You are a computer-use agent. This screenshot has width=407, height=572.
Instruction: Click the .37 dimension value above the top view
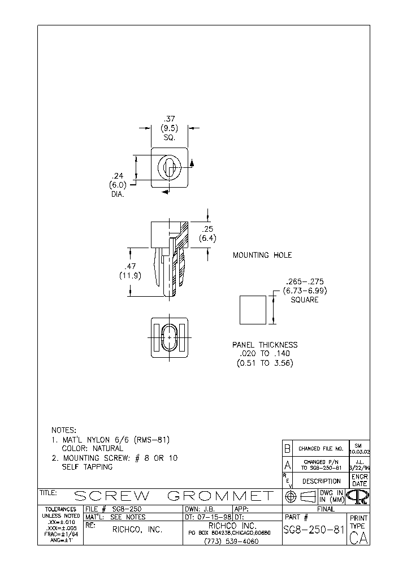[x=169, y=119]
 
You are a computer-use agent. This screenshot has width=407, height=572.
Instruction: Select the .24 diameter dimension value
[x=116, y=176]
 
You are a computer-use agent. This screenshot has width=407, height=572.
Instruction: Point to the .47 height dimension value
[x=129, y=266]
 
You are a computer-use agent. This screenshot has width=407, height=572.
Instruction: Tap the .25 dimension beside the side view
[x=207, y=229]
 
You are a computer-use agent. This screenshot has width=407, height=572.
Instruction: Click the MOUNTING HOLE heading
[x=262, y=255]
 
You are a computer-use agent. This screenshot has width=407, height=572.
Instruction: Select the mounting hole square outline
[x=252, y=310]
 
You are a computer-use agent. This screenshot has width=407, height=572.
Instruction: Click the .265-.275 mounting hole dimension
[x=305, y=281]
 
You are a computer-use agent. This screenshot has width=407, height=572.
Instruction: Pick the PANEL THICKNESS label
[x=265, y=345]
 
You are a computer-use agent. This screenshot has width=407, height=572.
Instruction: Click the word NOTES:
[x=64, y=430]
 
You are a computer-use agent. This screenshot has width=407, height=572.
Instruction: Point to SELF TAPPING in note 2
[x=87, y=467]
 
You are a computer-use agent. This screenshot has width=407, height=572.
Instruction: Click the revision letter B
[x=287, y=448]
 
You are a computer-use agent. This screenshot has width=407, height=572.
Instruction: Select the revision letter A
[x=287, y=465]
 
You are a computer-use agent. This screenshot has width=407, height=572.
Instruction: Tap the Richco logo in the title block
[x=358, y=496]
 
